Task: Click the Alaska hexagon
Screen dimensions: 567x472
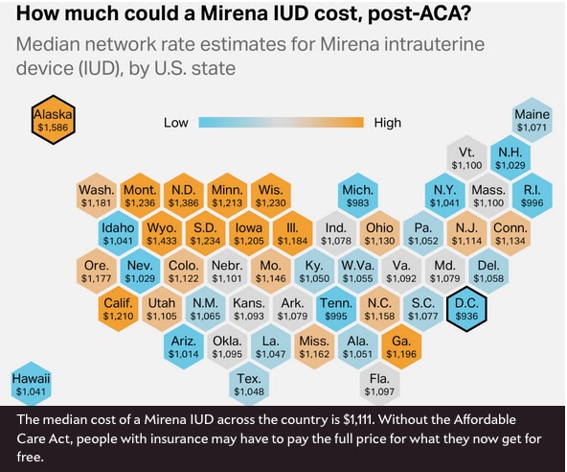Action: pos(54,120)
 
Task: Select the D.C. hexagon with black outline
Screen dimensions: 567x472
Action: pos(466,309)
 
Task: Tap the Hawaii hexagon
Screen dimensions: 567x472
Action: pos(31,384)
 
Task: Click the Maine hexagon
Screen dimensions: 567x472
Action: pos(532,120)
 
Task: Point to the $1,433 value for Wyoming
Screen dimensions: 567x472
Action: pos(162,241)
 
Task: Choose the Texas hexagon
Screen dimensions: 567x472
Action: pos(249,384)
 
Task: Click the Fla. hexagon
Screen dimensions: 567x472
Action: pos(379,384)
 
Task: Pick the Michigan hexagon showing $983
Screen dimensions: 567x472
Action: pos(357,196)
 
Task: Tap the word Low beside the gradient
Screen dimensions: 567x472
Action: pos(175,123)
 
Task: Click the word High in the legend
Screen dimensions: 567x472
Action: pos(388,123)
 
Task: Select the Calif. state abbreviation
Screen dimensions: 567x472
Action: pos(118,303)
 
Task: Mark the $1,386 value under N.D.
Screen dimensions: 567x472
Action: pos(183,202)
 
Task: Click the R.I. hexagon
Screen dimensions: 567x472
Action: pos(532,196)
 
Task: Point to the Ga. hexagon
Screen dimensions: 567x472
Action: pos(401,346)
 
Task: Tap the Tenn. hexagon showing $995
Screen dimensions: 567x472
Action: pos(336,309)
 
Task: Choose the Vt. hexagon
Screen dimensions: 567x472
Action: pos(466,158)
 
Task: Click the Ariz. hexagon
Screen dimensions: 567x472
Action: pos(184,346)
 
